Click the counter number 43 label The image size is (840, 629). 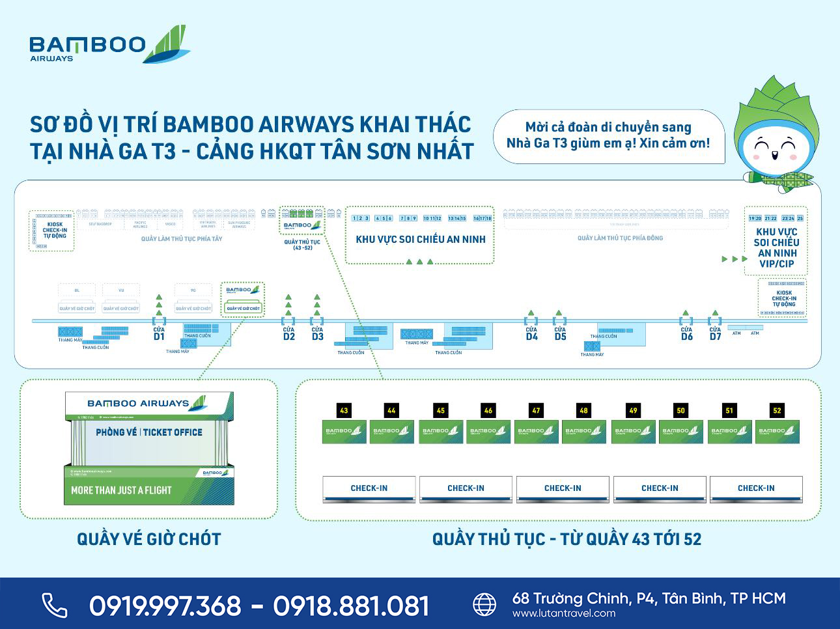click(x=344, y=410)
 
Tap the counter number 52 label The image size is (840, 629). click(x=777, y=410)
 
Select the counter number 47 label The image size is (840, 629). click(x=536, y=410)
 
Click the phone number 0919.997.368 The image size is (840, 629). click(x=165, y=606)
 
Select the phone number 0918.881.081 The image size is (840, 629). click(x=351, y=606)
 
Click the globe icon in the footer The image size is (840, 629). click(x=484, y=604)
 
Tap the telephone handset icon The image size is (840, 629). click(x=55, y=605)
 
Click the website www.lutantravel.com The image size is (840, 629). click(x=564, y=613)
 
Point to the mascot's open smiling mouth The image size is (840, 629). click(x=775, y=154)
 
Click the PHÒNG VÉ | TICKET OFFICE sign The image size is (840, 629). click(x=149, y=432)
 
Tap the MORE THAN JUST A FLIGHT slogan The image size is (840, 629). click(x=121, y=490)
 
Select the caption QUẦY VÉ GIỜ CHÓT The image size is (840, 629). click(x=149, y=539)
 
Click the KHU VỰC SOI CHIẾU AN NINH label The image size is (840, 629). click(x=421, y=240)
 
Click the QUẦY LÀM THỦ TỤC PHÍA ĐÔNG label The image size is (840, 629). click(x=620, y=238)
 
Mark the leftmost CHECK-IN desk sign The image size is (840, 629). click(x=369, y=488)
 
